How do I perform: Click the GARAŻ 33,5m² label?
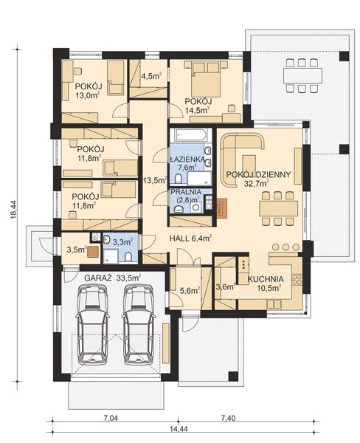tap(113, 278)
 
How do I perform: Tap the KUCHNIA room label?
tap(266, 279)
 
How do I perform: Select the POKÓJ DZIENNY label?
tap(258, 174)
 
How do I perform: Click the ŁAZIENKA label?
tap(187, 159)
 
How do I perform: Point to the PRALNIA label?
tap(186, 192)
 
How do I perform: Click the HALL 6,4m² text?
tap(190, 238)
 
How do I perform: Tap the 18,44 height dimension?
tap(14, 210)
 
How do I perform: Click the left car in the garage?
tap(94, 324)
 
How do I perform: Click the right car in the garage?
tap(139, 324)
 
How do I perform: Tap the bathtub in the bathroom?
tap(190, 135)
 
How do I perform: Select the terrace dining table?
tap(302, 75)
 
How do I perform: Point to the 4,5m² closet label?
tap(151, 76)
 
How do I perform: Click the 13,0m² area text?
tap(88, 95)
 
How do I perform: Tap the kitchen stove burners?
tap(297, 279)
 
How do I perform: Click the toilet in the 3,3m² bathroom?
tap(128, 257)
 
